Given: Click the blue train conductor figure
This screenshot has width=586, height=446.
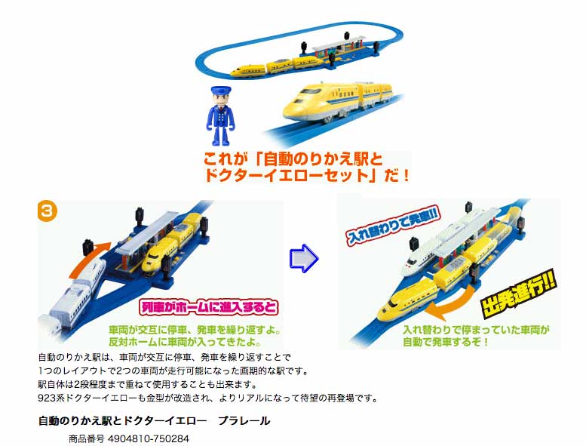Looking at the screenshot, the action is pos(220,116).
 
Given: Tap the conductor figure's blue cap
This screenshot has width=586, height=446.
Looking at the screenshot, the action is pos(220,91).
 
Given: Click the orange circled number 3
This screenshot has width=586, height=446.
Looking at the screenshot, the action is pos(48,211).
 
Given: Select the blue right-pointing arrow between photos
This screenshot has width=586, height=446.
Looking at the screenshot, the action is pos(304,258).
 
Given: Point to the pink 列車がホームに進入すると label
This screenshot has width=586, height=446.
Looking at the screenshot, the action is pos(209,307).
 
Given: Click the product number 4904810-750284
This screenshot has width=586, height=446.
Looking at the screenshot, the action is pos(149,438).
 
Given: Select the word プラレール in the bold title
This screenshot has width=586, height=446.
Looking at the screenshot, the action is pos(244,421).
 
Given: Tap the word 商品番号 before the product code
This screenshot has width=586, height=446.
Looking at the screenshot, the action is pos(86,438).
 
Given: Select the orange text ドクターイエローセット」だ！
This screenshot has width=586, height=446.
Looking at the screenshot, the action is pos(307,175).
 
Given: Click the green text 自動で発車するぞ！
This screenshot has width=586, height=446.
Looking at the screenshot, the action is pos(445,342).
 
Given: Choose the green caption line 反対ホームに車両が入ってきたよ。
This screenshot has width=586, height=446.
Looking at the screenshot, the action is pos(185,342).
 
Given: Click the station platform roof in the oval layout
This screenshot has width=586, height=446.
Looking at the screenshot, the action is pos(338,42).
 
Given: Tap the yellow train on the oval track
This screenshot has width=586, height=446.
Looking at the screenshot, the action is pos(277,66).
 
